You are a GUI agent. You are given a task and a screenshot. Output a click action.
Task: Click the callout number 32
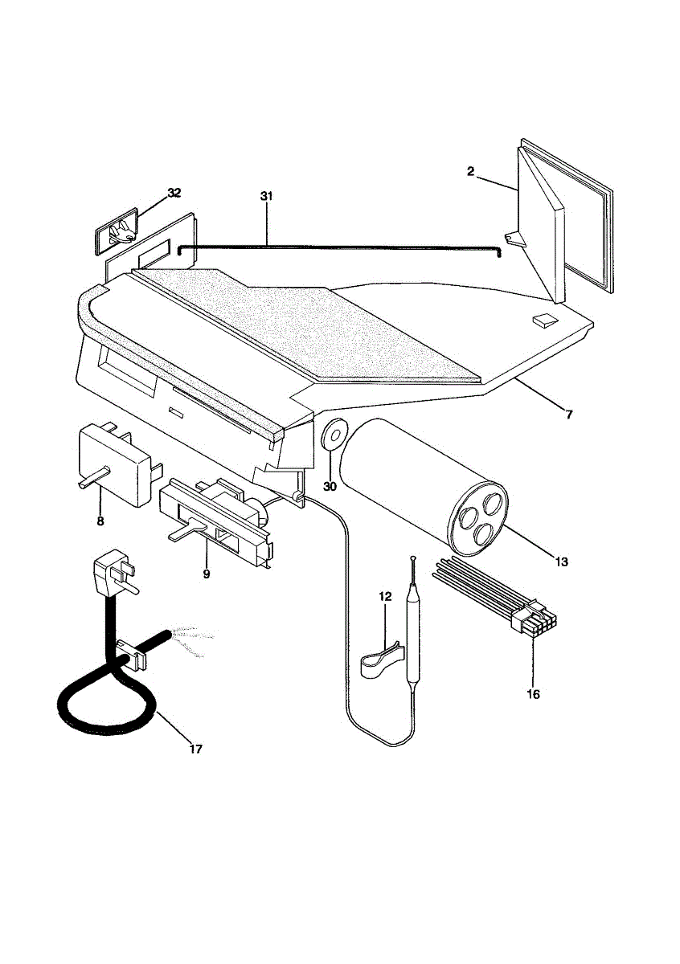coord(174,193)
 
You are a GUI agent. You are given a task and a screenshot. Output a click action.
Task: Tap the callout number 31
coord(267,196)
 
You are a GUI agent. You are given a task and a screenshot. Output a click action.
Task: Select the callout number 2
coord(471,170)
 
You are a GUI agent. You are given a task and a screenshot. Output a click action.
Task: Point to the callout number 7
coord(568,415)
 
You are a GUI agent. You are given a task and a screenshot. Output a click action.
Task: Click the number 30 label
coord(330,486)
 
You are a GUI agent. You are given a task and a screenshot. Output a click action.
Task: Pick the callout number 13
coord(561,561)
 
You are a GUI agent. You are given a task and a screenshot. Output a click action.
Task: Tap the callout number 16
coord(533,694)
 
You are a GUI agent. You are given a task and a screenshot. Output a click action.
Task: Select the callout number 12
coord(385,596)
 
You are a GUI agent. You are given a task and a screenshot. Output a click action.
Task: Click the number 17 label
coord(195,749)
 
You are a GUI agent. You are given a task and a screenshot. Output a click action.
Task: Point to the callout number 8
coord(100,521)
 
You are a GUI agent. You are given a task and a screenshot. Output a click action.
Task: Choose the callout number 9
coord(206,574)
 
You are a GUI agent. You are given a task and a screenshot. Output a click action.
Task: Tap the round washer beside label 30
coord(332,436)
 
